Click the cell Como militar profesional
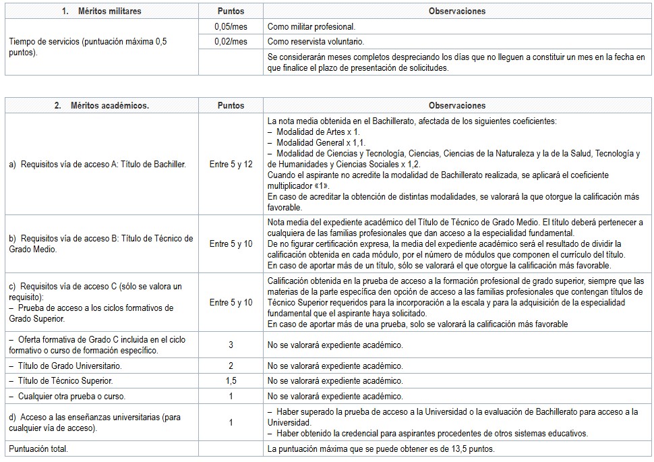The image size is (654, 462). click(x=311, y=26)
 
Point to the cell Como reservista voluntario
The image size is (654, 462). click(x=314, y=42)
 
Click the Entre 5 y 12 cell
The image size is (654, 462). click(x=231, y=164)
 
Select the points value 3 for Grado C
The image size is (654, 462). click(x=231, y=345)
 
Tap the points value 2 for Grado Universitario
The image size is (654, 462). click(x=231, y=366)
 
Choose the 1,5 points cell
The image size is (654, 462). click(x=231, y=381)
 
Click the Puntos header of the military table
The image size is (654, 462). click(x=231, y=11)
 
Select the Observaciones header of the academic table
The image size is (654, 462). click(x=456, y=106)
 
